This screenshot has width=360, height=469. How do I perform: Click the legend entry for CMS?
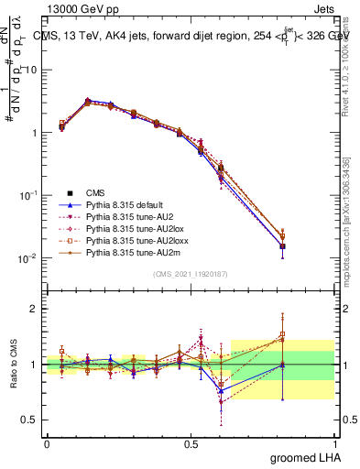97,192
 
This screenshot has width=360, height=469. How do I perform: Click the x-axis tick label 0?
47,442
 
